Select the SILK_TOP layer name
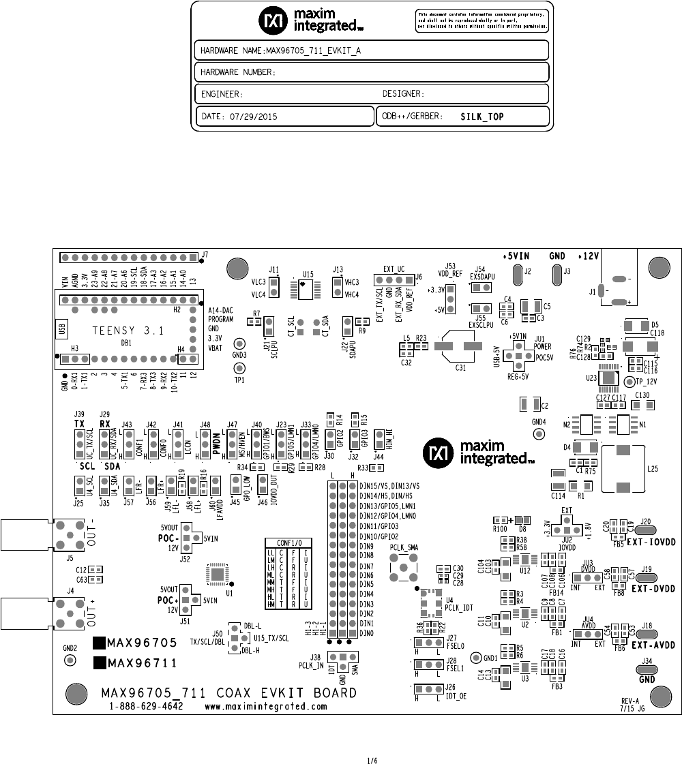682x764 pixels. (x=482, y=117)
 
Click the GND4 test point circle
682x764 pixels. (x=539, y=433)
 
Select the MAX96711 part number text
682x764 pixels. (x=143, y=662)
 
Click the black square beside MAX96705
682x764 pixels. (x=99, y=642)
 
